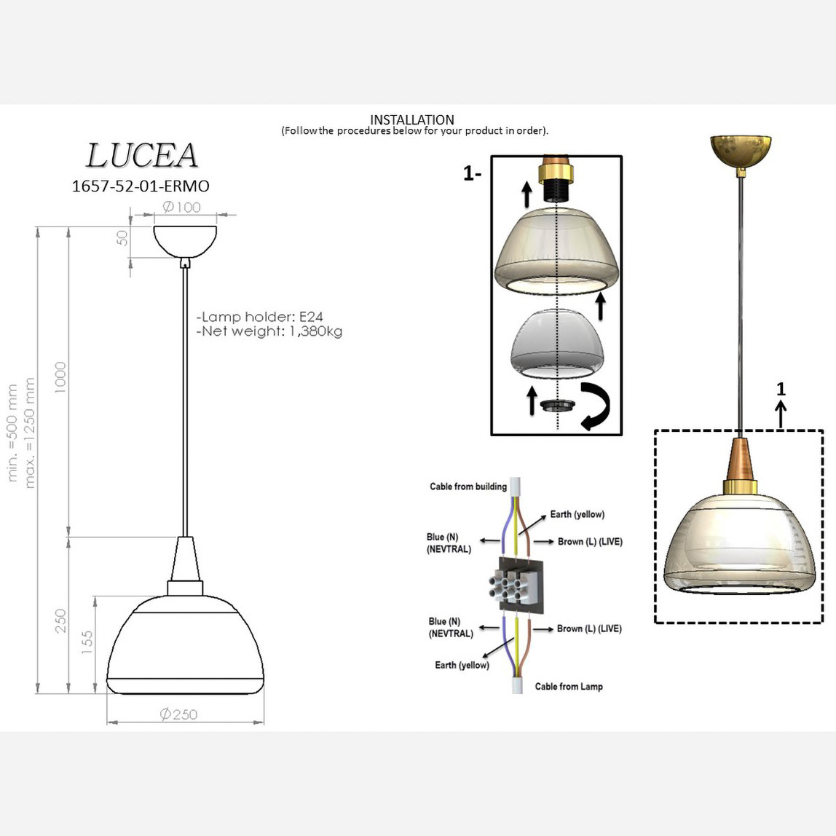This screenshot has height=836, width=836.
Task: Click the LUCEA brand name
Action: pyautogui.click(x=142, y=156)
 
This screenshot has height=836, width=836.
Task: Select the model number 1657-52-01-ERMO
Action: pyautogui.click(x=141, y=186)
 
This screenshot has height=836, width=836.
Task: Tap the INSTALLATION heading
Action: pyautogui.click(x=412, y=119)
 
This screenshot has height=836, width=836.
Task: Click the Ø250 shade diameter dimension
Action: pyautogui.click(x=178, y=714)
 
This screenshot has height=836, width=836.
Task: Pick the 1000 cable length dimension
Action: pyautogui.click(x=60, y=377)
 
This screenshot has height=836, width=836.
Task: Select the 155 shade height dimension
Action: pyautogui.click(x=87, y=644)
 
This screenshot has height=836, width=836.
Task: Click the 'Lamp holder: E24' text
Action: pyautogui.click(x=260, y=317)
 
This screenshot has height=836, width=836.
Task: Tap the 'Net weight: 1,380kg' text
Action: pyautogui.click(x=269, y=331)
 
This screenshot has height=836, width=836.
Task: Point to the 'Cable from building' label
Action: pyautogui.click(x=468, y=486)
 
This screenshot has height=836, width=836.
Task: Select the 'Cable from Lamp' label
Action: pyautogui.click(x=569, y=686)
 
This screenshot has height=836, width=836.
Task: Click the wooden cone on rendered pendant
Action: pyautogui.click(x=741, y=457)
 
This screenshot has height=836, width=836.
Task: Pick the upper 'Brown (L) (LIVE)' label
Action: pyautogui.click(x=590, y=542)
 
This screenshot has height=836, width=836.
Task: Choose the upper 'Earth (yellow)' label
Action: pyautogui.click(x=577, y=514)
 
